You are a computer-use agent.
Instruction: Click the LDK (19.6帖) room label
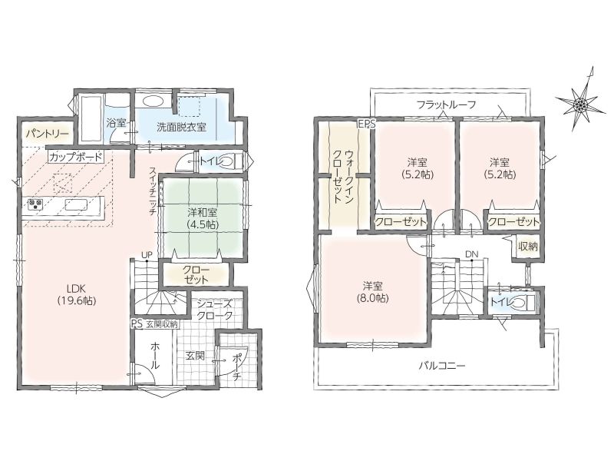[76, 294]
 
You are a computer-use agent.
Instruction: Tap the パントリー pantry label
[48, 134]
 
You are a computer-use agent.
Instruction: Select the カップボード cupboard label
[76, 157]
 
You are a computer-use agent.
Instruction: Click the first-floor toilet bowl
[228, 161]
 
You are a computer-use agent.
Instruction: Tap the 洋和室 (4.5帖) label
[203, 218]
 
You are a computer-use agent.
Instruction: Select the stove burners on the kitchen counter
[35, 204]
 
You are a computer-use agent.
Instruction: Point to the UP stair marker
[147, 255]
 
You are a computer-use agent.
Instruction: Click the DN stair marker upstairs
[472, 254]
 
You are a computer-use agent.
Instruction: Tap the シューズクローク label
[215, 310]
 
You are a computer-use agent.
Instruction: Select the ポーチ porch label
[237, 366]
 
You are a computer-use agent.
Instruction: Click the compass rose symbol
[579, 104]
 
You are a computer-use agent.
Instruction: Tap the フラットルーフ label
[447, 104]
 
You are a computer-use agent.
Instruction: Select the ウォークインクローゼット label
[342, 176]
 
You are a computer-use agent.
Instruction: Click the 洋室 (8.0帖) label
[373, 292]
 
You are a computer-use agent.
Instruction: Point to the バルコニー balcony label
[442, 366]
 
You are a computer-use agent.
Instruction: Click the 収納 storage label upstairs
[527, 247]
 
